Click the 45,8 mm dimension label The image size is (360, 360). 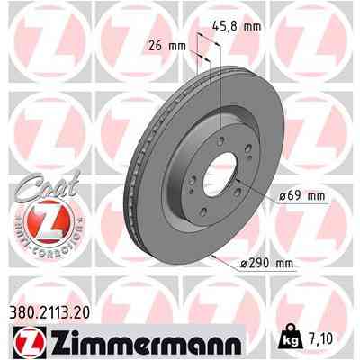(x=240, y=28)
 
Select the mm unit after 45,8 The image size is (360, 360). (x=253, y=28)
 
